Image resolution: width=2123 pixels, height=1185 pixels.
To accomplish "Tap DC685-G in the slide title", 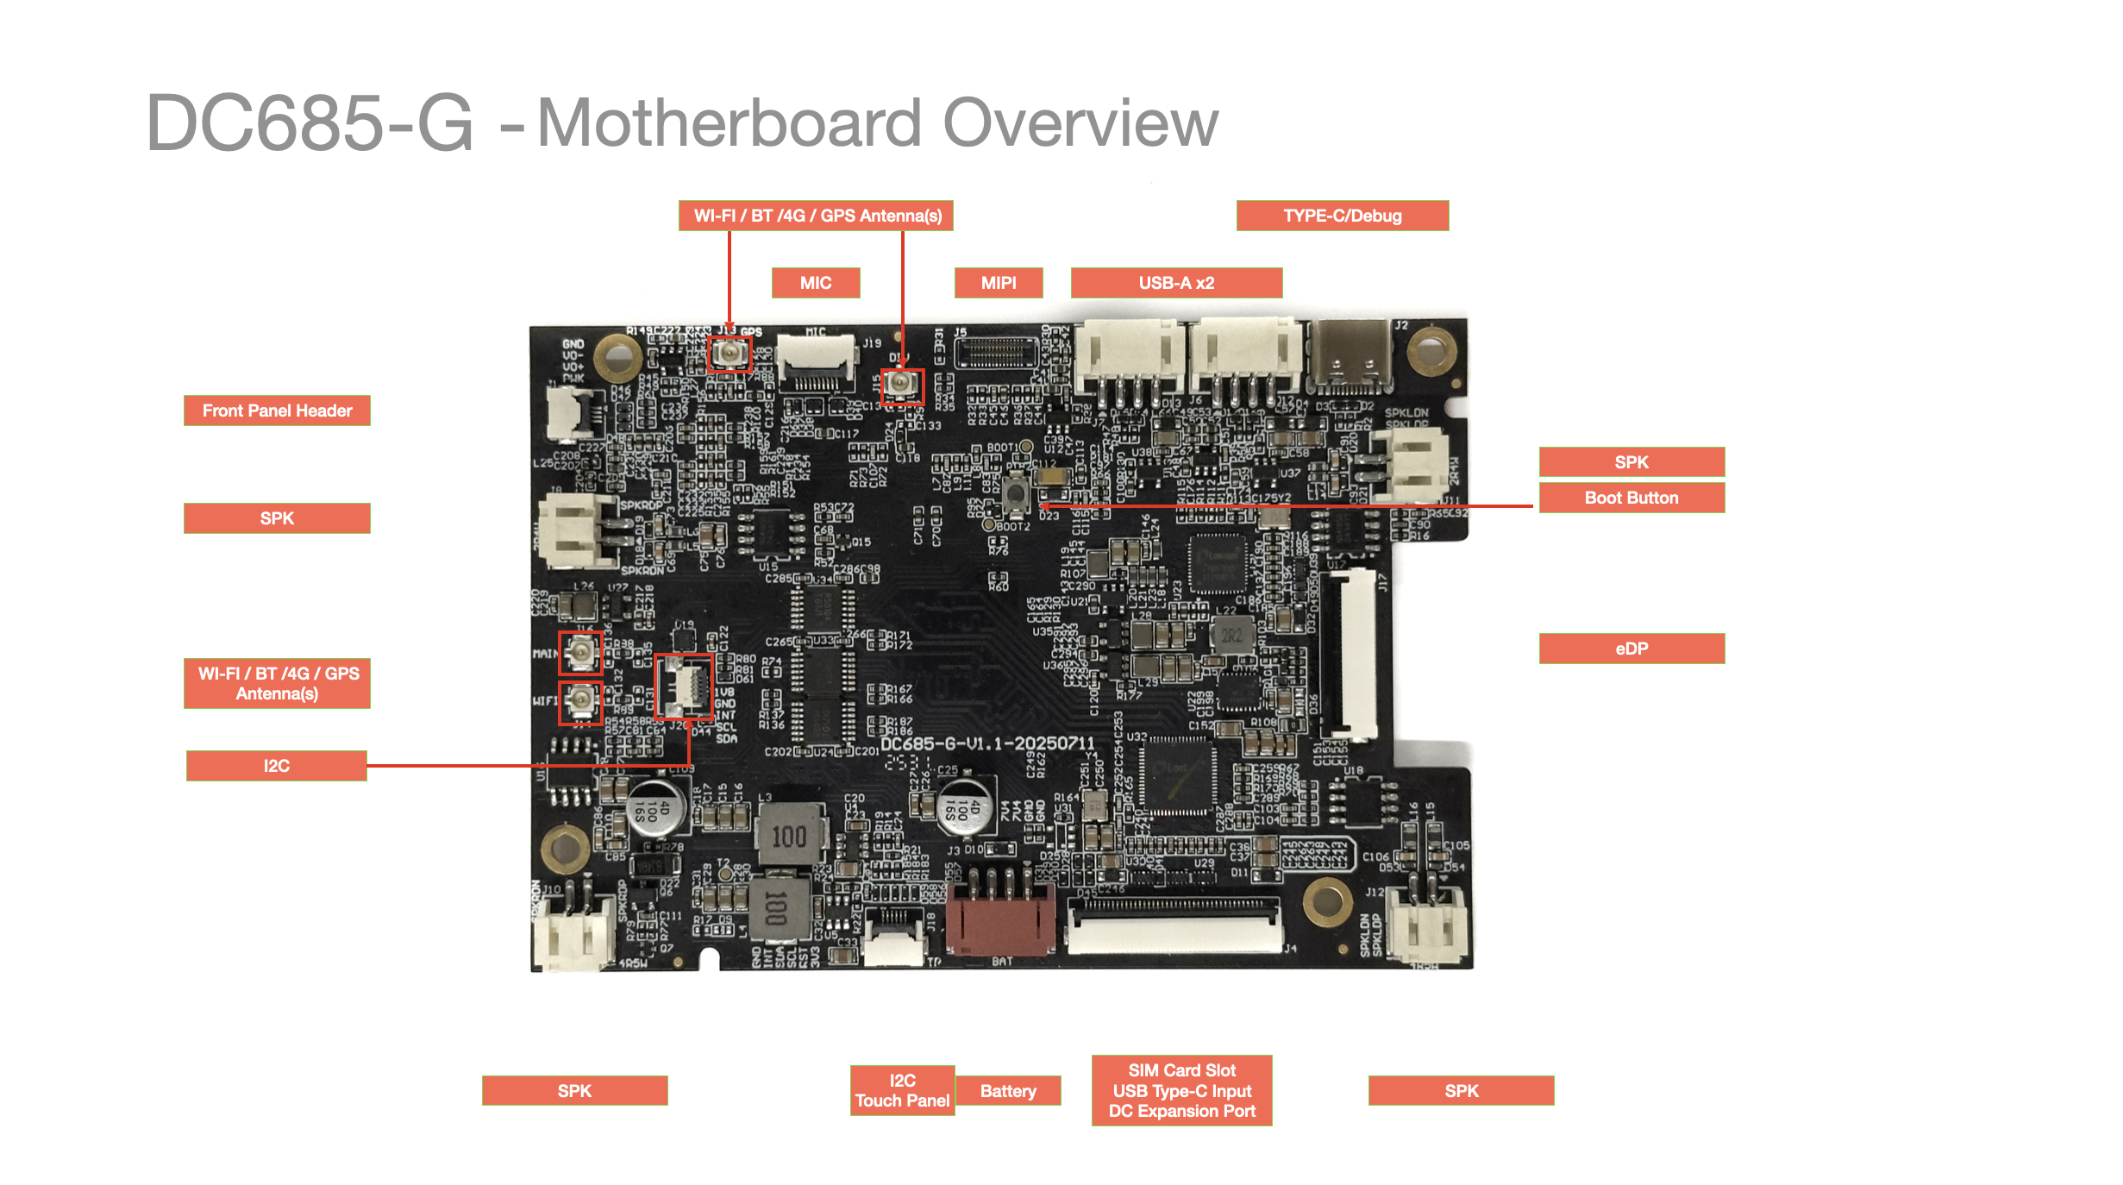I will pyautogui.click(x=309, y=123).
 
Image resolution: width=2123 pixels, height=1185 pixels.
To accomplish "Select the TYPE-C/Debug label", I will pyautogui.click(x=1342, y=216).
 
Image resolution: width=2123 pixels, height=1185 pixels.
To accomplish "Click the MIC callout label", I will pyautogui.click(x=815, y=283).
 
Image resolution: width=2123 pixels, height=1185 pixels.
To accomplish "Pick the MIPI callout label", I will pyautogui.click(x=998, y=283).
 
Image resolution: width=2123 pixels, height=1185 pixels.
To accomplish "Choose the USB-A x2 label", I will pyautogui.click(x=1175, y=283).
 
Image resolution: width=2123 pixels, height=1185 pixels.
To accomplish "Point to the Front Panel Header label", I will pyautogui.click(x=277, y=411).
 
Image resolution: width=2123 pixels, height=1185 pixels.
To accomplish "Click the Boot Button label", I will pyautogui.click(x=1631, y=498).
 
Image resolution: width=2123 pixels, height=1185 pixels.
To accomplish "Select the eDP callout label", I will pyautogui.click(x=1631, y=649).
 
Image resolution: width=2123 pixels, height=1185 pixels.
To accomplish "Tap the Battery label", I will pyautogui.click(x=1007, y=1091).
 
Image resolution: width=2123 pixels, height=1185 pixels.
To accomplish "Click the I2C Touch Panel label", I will pyautogui.click(x=902, y=1091).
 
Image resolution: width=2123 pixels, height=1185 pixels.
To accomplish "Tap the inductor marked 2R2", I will pyautogui.click(x=1231, y=636).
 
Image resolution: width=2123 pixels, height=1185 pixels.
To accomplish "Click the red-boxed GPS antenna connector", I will pyautogui.click(x=730, y=354).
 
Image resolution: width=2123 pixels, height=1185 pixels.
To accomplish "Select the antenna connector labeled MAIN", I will pyautogui.click(x=580, y=652).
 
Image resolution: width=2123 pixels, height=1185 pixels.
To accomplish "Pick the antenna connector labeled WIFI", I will pyautogui.click(x=580, y=702).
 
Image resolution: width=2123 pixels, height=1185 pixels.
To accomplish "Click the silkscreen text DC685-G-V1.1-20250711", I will pyautogui.click(x=987, y=743).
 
